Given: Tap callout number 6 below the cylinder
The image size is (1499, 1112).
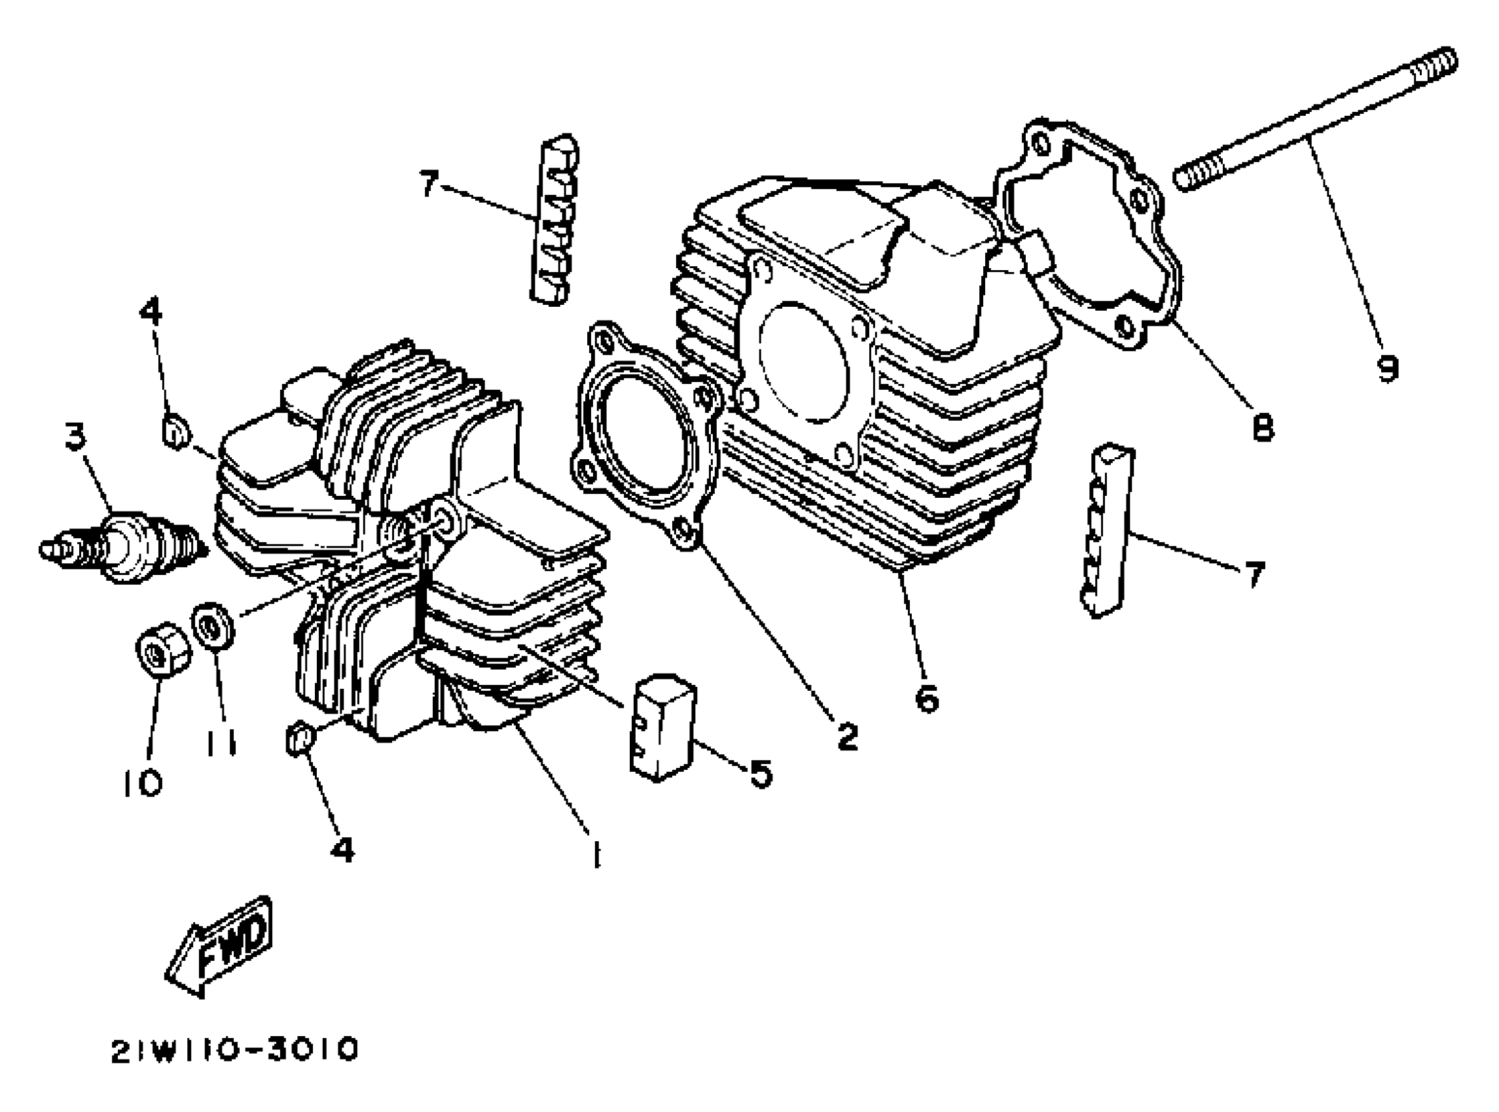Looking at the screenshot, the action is [928, 699].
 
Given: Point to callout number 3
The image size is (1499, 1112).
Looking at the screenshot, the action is [75, 436].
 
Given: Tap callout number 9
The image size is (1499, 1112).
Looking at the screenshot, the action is [1387, 368].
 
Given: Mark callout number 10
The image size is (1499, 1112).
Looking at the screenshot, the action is [143, 782].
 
